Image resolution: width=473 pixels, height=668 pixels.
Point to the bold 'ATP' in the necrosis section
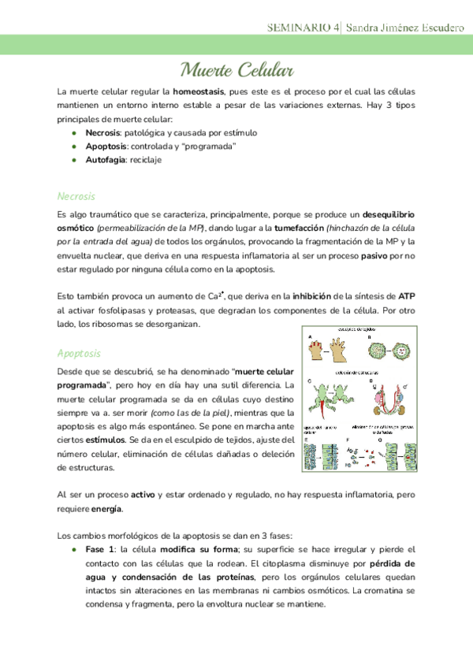pyautogui.click(x=407, y=296)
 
